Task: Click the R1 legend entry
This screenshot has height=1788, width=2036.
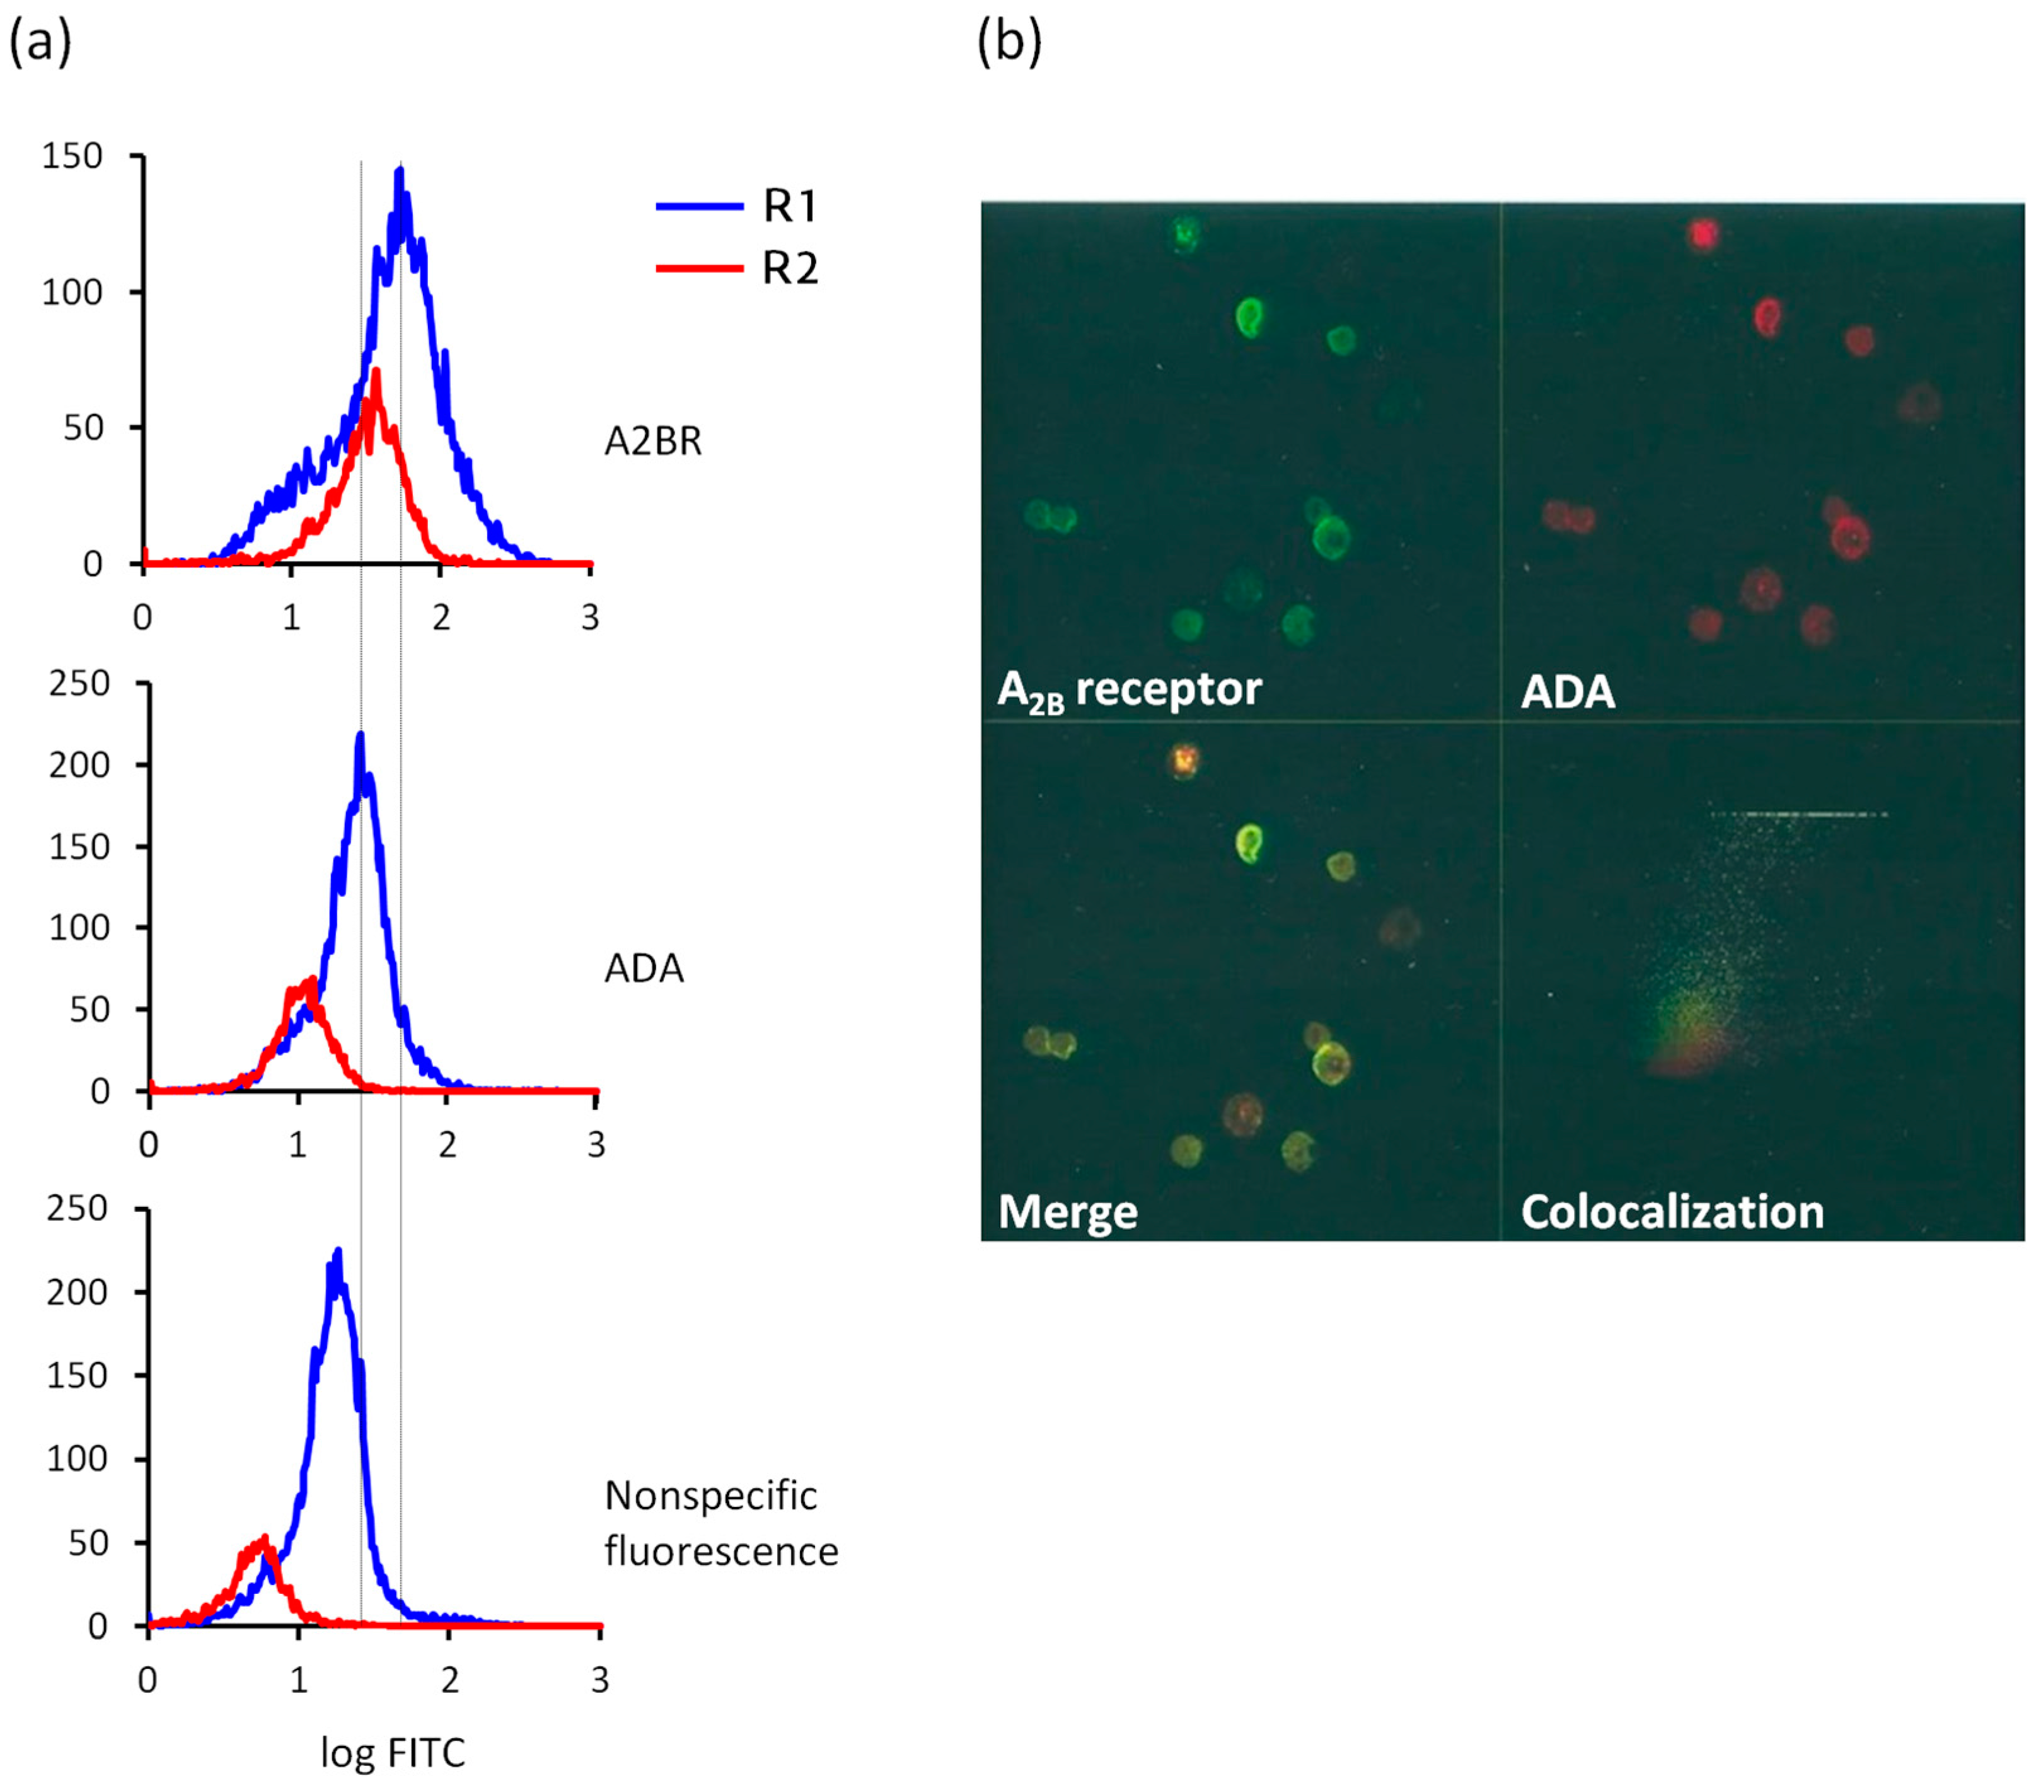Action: [x=789, y=206]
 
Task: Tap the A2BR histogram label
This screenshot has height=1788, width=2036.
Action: [x=652, y=441]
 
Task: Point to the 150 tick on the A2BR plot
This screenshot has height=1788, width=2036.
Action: [x=72, y=156]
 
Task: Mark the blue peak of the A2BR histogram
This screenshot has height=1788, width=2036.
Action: [x=400, y=171]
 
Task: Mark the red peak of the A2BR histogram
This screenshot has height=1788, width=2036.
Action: [x=376, y=372]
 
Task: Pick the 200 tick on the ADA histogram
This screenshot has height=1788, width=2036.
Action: [x=79, y=765]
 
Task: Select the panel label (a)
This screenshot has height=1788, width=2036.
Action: [x=40, y=43]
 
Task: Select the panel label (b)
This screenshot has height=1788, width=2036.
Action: [x=1008, y=43]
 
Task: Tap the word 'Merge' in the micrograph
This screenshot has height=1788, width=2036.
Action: [x=1068, y=1212]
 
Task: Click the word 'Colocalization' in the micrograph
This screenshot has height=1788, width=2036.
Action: [x=1672, y=1212]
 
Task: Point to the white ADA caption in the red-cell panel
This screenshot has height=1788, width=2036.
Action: [x=1567, y=692]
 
